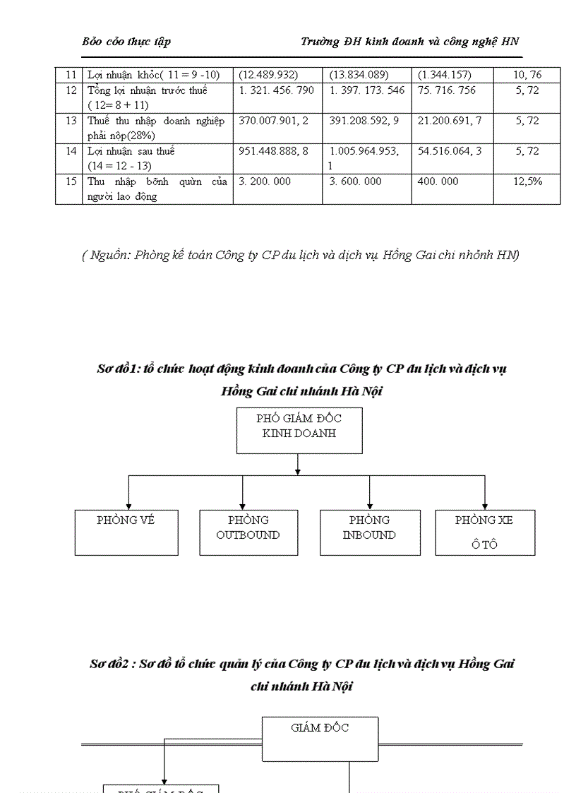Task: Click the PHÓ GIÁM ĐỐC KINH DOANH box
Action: [299, 430]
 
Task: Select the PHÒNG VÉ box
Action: [126, 532]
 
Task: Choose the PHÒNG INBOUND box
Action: [370, 532]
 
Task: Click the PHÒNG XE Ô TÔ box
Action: [484, 532]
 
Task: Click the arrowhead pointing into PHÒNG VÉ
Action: [128, 506]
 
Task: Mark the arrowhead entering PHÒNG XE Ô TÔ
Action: [485, 506]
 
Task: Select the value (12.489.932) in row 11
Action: [268, 75]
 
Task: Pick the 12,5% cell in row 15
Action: [527, 181]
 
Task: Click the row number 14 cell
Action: [71, 151]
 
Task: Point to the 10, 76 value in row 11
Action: [527, 75]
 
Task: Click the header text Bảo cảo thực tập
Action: [126, 42]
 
